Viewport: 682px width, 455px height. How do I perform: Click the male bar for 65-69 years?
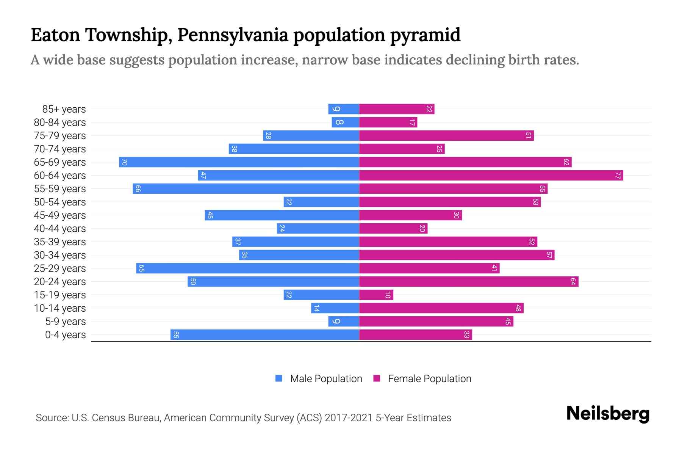coord(239,162)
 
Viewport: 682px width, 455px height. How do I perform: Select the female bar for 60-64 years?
coord(491,176)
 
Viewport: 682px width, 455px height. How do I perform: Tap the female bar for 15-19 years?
coord(376,295)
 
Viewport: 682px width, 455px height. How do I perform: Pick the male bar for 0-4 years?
coord(264,335)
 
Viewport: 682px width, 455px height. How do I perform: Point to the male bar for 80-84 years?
coord(345,122)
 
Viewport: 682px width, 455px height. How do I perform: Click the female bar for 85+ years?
coord(396,109)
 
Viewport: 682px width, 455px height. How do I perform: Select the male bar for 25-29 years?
coord(247,268)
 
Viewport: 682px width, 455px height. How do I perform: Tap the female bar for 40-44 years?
coord(393,229)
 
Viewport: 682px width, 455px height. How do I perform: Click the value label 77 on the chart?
coord(618,176)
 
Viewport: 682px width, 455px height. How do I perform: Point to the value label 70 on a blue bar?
coord(124,162)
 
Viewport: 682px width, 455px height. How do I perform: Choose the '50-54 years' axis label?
coord(60,202)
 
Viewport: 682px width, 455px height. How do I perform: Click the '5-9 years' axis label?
coord(66,322)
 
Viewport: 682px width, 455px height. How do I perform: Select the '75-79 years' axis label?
coord(60,136)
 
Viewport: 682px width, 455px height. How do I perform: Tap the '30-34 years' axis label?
coord(60,255)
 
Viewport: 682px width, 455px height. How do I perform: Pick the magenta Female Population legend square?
coord(377,378)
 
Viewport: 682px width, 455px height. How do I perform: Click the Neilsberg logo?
coord(608,414)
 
